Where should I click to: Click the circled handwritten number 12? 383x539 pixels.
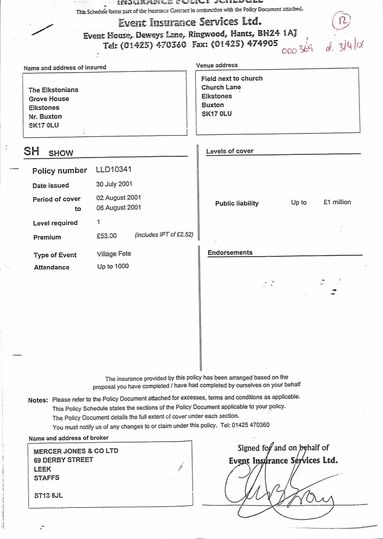point(341,22)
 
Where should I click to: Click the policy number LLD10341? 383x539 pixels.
point(114,170)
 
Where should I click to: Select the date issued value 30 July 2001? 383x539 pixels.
point(114,184)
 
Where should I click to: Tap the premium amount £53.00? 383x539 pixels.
point(107,236)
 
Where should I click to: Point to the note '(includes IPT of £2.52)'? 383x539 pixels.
point(164,235)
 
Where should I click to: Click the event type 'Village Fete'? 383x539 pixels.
point(114,254)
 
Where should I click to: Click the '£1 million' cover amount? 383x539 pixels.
point(337,202)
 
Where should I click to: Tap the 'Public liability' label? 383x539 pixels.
point(237,204)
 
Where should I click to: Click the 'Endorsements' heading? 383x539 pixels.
point(230,253)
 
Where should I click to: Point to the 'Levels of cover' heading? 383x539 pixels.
point(230,152)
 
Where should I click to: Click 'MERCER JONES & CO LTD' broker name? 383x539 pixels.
point(76,451)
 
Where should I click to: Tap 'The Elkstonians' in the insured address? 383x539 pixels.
point(54,90)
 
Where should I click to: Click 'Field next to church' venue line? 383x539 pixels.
point(232,79)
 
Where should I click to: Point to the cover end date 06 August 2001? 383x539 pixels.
point(119,208)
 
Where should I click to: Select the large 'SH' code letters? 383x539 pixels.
point(32,152)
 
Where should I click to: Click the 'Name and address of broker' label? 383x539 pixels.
point(68,438)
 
